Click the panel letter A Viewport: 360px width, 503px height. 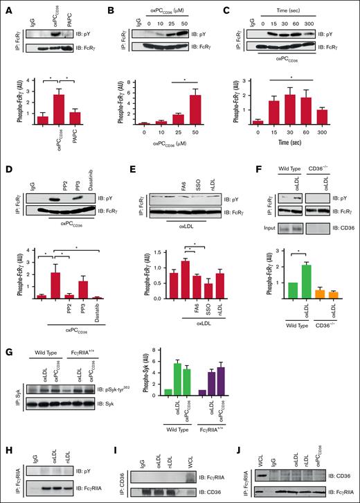[x=7, y=8]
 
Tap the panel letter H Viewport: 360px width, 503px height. [x=7, y=432]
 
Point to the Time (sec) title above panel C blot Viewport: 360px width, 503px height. [x=305, y=12]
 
